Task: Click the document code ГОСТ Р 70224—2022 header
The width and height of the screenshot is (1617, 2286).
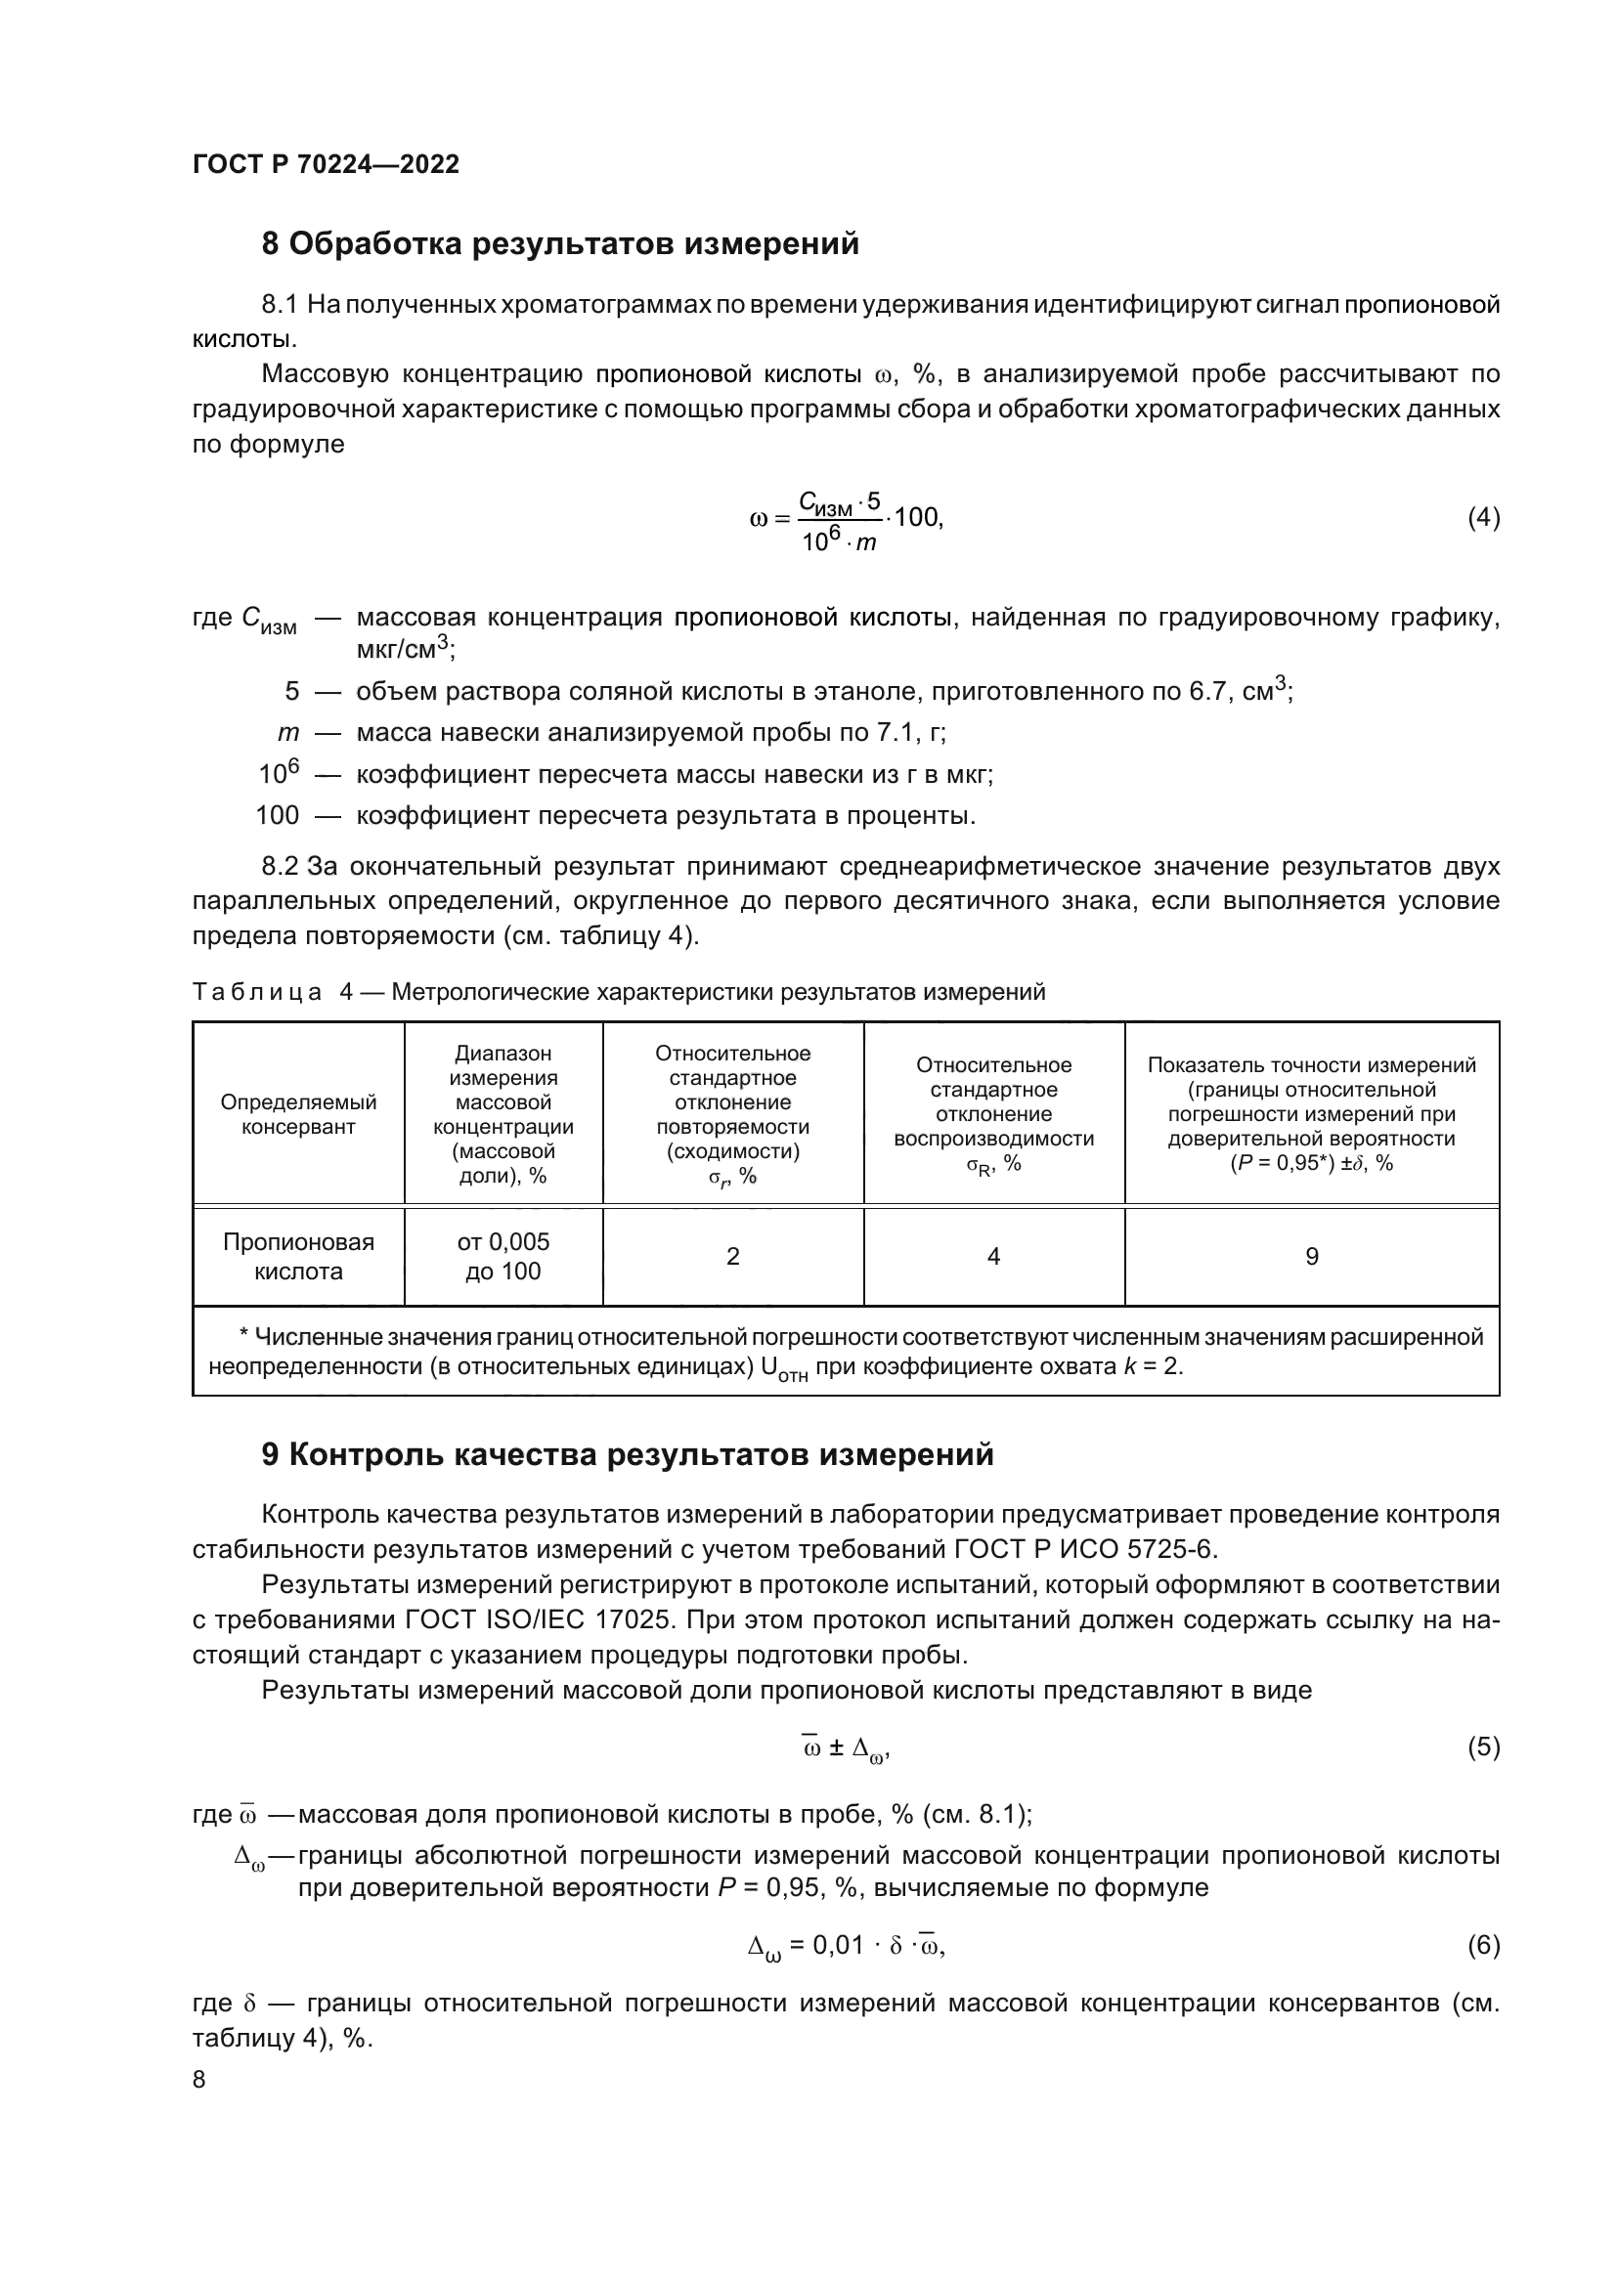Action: coord(326,164)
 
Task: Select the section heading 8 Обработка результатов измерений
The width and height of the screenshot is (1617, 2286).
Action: coord(559,244)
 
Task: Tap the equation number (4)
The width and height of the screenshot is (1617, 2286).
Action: coord(1483,517)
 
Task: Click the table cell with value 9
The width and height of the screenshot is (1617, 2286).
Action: coord(1311,1257)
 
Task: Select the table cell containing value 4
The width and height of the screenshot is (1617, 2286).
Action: coord(992,1257)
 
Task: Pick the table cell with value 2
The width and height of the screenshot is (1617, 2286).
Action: coord(733,1257)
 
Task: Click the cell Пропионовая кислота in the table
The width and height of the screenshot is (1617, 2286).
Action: coord(299,1257)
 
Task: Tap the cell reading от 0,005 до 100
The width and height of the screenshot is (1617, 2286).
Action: coord(503,1257)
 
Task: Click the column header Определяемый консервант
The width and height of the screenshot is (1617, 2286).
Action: coord(299,1114)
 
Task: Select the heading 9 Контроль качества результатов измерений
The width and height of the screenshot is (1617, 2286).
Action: coord(628,1454)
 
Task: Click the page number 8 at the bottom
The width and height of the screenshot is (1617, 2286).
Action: coord(199,2079)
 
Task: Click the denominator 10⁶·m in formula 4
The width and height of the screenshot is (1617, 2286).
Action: coord(840,541)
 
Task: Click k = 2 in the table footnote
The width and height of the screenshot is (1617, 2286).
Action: coord(1152,1366)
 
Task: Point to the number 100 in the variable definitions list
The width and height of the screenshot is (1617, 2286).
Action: coord(277,815)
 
